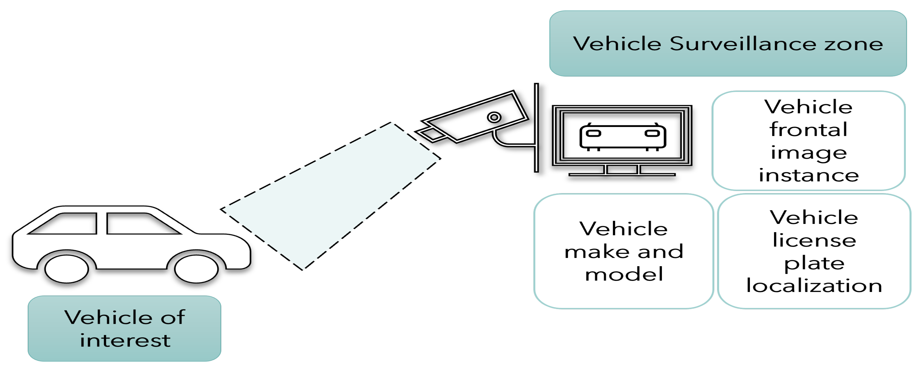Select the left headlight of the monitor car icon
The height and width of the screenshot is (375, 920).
click(593, 133)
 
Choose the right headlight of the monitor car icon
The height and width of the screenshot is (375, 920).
click(652, 133)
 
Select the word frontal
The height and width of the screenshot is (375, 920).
click(808, 129)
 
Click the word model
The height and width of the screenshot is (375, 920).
click(624, 274)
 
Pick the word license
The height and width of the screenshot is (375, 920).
click(814, 240)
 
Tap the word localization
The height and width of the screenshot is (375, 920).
click(814, 286)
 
